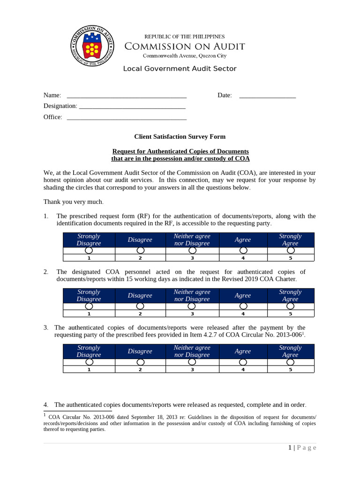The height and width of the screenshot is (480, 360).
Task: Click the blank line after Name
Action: [127, 96]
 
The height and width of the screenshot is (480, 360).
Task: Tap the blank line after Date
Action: [267, 96]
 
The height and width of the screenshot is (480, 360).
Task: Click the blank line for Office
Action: [127, 117]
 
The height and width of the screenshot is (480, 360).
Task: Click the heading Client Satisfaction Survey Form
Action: [180, 137]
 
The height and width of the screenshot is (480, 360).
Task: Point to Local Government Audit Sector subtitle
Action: [180, 69]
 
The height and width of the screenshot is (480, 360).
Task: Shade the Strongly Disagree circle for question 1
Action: [89, 251]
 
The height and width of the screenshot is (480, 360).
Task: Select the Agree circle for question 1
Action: [243, 251]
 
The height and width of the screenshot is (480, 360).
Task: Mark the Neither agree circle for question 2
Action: [192, 306]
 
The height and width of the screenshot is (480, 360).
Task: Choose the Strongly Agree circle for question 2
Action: [291, 306]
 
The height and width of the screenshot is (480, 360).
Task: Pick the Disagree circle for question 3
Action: [140, 362]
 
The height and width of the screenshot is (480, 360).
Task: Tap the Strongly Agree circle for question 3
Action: [291, 362]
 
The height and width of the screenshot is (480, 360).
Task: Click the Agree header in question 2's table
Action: [243, 296]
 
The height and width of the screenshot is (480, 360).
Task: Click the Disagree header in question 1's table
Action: [140, 240]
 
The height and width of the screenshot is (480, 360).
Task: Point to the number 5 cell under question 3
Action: [291, 370]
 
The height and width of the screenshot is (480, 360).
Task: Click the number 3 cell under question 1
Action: [192, 258]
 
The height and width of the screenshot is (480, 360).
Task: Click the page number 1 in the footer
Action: [290, 448]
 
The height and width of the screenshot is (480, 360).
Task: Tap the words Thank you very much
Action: [74, 202]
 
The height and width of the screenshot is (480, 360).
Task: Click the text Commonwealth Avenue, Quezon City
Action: [184, 55]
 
